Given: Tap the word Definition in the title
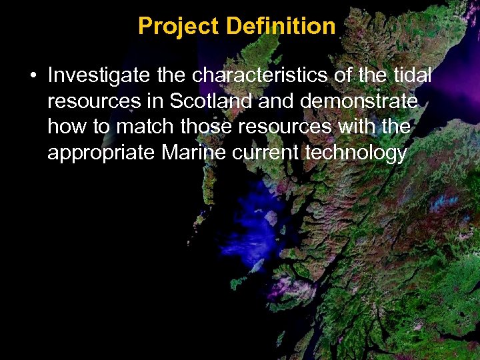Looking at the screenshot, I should (x=281, y=26).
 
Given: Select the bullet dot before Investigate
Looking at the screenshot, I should (x=33, y=76).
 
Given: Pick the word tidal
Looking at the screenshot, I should (x=413, y=75).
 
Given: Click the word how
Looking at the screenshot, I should (x=63, y=127).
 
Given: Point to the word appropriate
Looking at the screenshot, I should (x=101, y=153).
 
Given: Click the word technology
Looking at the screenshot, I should (x=355, y=153).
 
